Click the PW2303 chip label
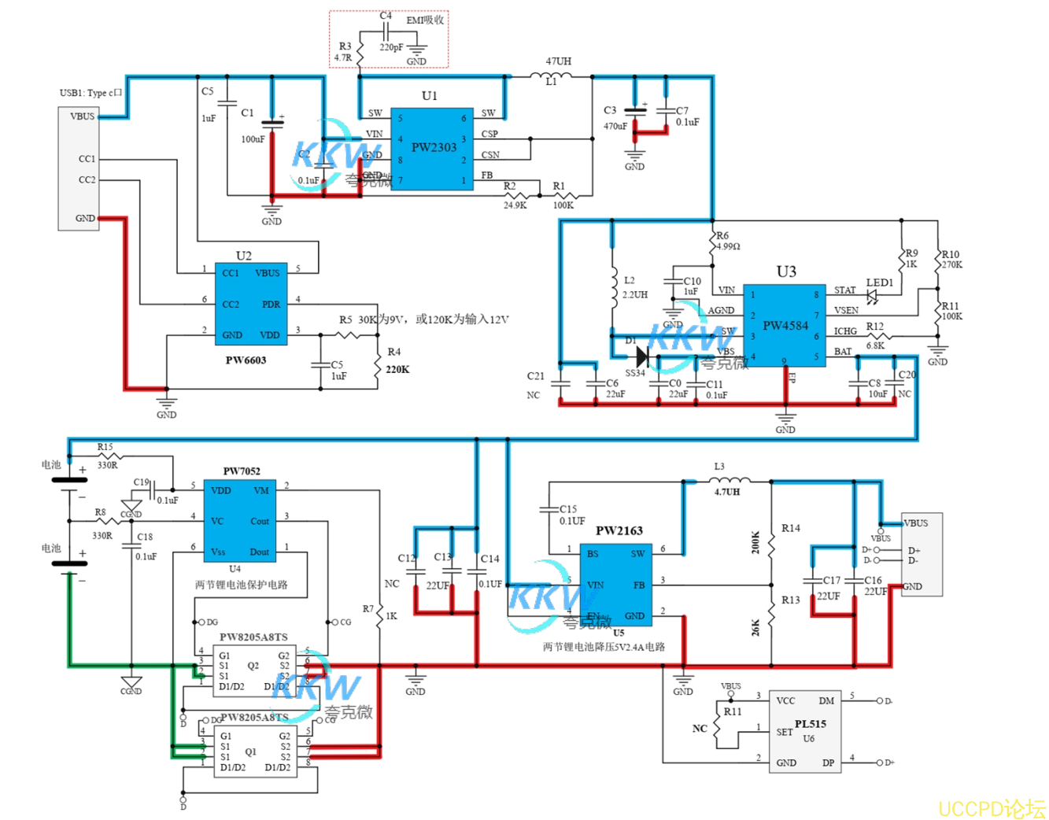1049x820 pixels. coord(434,147)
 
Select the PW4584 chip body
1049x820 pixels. coord(785,326)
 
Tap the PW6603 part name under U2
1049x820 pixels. coord(246,360)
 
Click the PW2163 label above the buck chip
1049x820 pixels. coord(619,530)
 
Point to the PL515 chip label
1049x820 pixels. coord(810,724)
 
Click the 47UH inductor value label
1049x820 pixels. coord(558,61)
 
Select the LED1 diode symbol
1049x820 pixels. coord(872,297)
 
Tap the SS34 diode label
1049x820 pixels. coord(634,373)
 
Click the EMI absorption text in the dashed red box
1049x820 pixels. coord(425,20)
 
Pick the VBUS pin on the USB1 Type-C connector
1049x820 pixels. coord(82,116)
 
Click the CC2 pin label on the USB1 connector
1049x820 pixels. coord(87,180)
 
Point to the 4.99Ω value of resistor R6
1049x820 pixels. coord(728,246)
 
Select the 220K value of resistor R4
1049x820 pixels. coord(397,369)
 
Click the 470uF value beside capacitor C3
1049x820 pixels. coord(615,126)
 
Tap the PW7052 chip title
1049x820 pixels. coord(242,471)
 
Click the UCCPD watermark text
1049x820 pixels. coord(991,808)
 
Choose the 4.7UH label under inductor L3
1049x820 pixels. coord(726,492)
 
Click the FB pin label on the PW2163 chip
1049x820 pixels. coord(639,585)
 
